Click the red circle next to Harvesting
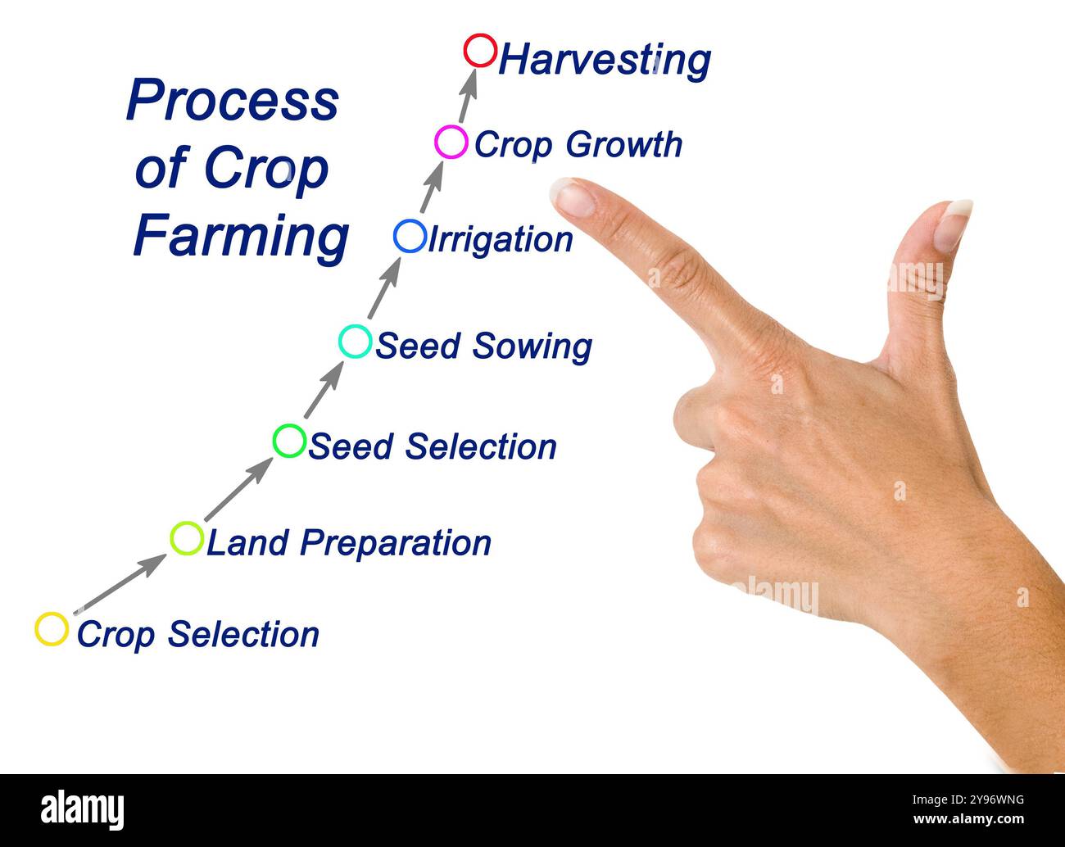coord(480,51)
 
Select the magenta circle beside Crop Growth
coord(451,142)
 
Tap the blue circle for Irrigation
coord(410,236)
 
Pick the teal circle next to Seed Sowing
coord(355,341)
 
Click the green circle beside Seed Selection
coord(289,441)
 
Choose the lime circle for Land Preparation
coord(187,538)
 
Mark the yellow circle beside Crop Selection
coord(52,629)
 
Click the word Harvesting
coord(605,60)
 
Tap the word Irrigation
coord(501,240)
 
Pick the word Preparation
coord(395,543)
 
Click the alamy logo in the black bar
coord(82,809)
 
